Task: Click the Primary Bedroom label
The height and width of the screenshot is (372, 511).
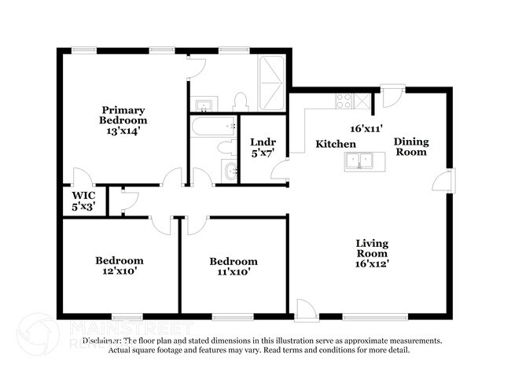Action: pyautogui.click(x=123, y=115)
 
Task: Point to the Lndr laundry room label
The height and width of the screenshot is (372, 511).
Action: pyautogui.click(x=263, y=142)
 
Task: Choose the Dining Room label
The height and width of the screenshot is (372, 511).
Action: pyautogui.click(x=410, y=146)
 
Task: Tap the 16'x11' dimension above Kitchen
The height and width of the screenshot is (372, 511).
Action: pyautogui.click(x=366, y=127)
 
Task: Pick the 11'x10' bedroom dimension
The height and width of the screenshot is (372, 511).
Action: pyautogui.click(x=233, y=272)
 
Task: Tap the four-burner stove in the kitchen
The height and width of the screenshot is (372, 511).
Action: pyautogui.click(x=344, y=101)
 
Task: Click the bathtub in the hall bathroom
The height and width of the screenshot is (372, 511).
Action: pyautogui.click(x=213, y=125)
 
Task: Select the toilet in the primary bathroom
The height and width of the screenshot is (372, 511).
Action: pyautogui.click(x=241, y=101)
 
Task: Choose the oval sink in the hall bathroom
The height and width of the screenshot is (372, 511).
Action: pyautogui.click(x=228, y=171)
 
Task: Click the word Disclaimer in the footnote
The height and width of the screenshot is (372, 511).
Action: pyautogui.click(x=102, y=341)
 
